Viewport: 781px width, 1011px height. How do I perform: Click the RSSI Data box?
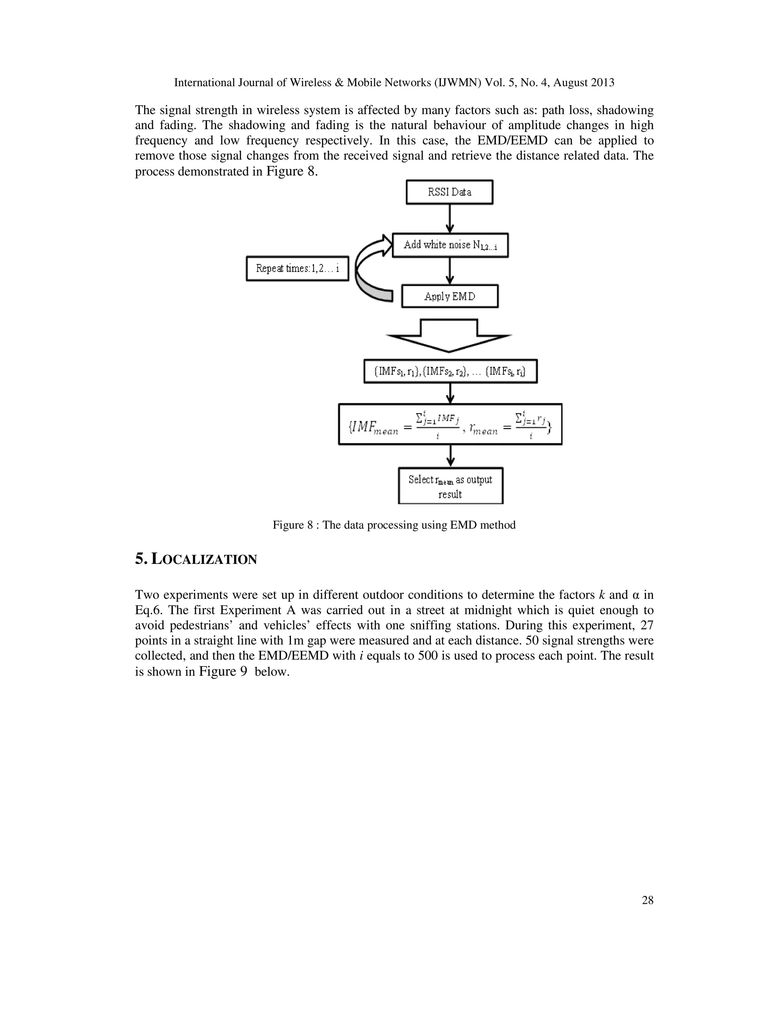[449, 192]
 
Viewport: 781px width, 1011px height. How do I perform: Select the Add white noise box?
[450, 245]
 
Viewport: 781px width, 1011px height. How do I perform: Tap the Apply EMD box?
[450, 296]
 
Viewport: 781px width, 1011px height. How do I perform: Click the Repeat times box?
[297, 269]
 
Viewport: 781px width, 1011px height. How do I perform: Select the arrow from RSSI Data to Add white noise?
[450, 219]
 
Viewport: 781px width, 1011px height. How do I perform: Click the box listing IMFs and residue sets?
[450, 371]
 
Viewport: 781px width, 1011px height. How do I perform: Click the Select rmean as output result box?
[450, 486]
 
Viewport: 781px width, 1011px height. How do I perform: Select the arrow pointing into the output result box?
[450, 456]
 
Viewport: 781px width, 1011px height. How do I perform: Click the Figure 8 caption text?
[394, 525]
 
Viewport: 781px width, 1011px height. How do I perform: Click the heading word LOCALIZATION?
[204, 560]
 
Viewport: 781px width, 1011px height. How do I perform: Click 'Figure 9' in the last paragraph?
[223, 671]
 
